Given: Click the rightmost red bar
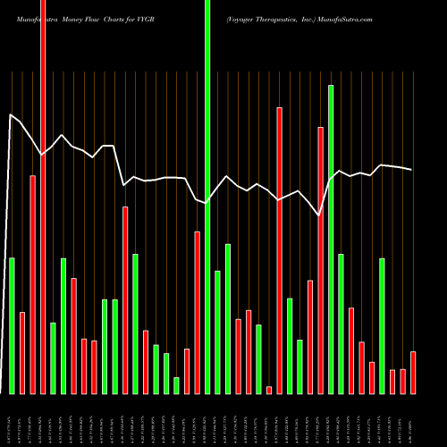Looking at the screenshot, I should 412,373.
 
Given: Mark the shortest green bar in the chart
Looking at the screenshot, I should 176,385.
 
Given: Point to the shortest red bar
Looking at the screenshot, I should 268,390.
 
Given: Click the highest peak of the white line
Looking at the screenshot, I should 11,114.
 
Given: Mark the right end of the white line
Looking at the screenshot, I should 412,170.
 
